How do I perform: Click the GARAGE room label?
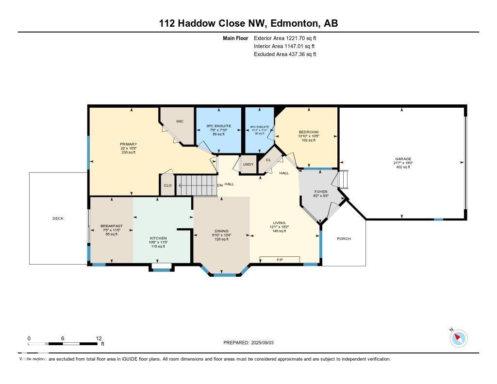[403, 159]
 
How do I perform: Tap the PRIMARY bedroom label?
[129, 144]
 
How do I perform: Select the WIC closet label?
[179, 121]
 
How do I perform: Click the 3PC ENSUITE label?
[219, 126]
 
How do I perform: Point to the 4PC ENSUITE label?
[260, 127]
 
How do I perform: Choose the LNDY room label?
[248, 165]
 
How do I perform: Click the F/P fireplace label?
[280, 260]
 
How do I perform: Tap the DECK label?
[58, 218]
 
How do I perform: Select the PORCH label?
[344, 238]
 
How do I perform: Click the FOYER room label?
[321, 192]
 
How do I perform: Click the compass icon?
[458, 338]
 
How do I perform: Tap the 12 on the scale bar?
[99, 338]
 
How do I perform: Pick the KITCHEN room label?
[158, 238]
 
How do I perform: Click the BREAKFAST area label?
[112, 226]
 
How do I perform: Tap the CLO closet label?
[167, 185]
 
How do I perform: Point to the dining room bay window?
[224, 275]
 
